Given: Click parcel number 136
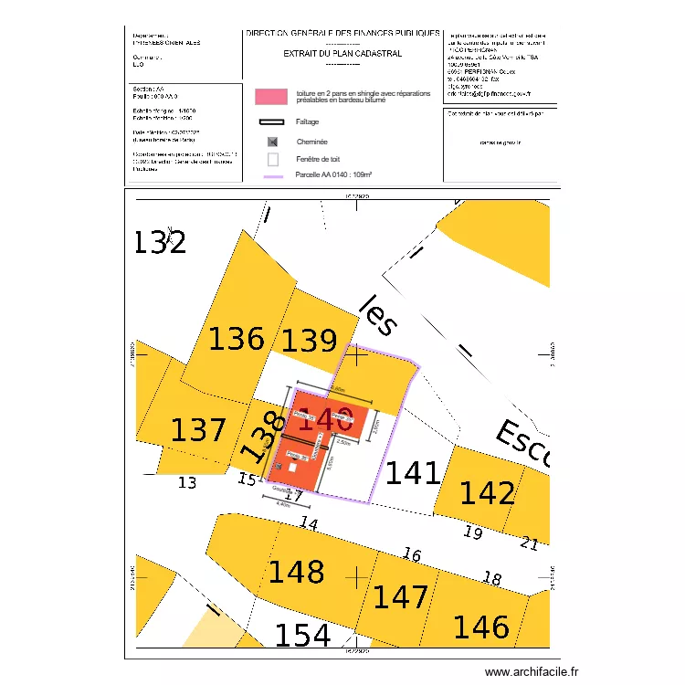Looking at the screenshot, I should coord(237,339).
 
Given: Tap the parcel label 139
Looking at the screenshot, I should coord(309,341).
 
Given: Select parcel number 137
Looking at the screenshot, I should coord(198,429).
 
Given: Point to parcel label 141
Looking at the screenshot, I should coord(413,473).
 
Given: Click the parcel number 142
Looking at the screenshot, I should coord(487,493).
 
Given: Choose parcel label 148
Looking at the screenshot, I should coord(296,572).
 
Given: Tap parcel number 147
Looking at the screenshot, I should coord(401,596).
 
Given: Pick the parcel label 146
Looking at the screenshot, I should coord(481,627).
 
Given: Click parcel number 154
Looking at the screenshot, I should coord(302,635).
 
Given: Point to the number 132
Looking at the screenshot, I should coord(160,242).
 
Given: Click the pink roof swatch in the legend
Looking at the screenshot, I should coord(270,96).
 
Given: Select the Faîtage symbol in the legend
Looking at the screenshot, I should coord(272,121).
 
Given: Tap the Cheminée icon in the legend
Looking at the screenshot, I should coord(271,142).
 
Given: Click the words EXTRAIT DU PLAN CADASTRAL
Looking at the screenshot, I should coord(342,53).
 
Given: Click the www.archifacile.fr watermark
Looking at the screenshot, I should coord(532,671).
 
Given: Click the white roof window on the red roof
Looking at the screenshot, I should coord(291,467).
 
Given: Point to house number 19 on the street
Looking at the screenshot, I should coord(472,532).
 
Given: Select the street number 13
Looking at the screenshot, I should coord(186,482).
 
